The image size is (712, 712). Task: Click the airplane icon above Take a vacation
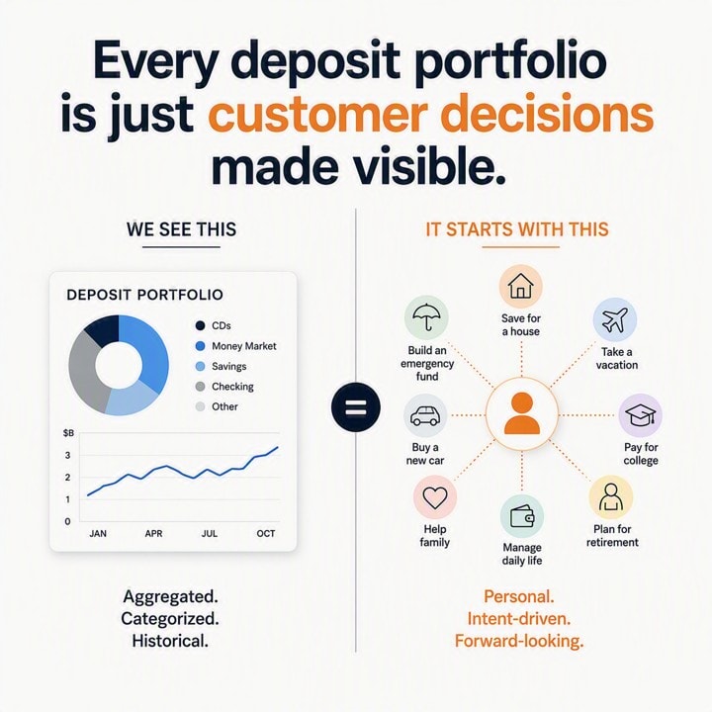tap(615, 319)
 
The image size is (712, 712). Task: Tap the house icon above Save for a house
tap(521, 287)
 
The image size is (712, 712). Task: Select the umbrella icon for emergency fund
tap(426, 317)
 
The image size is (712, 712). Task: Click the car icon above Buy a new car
tap(425, 415)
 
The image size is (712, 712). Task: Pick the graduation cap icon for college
tap(640, 415)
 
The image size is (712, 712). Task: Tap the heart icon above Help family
tap(435, 497)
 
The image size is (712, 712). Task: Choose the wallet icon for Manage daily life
tap(522, 517)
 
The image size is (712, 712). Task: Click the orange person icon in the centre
tap(522, 413)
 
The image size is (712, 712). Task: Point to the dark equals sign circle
tap(356, 406)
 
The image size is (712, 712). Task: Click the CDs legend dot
tap(200, 325)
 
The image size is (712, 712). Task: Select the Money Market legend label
tap(244, 346)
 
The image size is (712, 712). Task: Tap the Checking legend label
tap(232, 387)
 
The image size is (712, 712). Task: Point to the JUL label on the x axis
tap(210, 534)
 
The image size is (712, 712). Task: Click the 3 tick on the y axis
tap(67, 455)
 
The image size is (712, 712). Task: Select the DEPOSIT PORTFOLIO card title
tap(144, 295)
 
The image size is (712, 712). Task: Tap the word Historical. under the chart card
tap(170, 641)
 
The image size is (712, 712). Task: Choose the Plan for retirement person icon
tap(611, 497)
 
